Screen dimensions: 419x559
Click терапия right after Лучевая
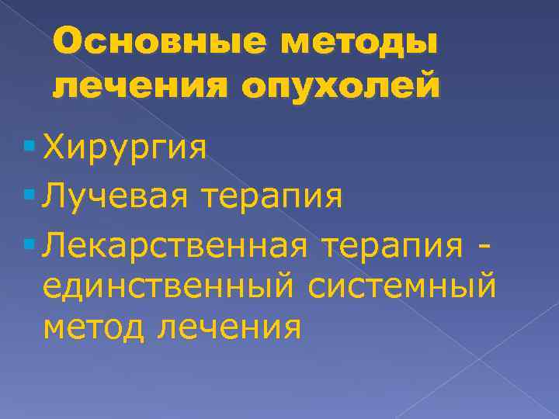[x=273, y=197]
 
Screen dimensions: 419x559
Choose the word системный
[x=403, y=289]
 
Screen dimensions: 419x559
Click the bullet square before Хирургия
[x=30, y=145]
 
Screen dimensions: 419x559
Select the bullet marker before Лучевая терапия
[x=30, y=192]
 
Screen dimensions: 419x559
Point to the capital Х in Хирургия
[x=55, y=145]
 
